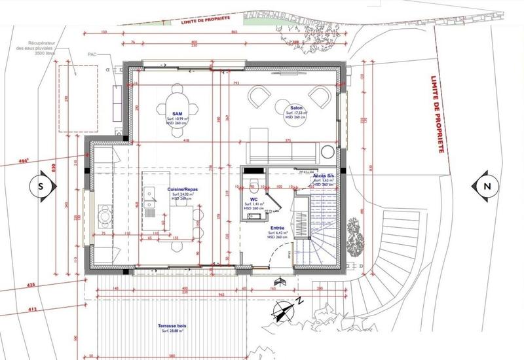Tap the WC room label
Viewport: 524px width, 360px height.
[x=253, y=200]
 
